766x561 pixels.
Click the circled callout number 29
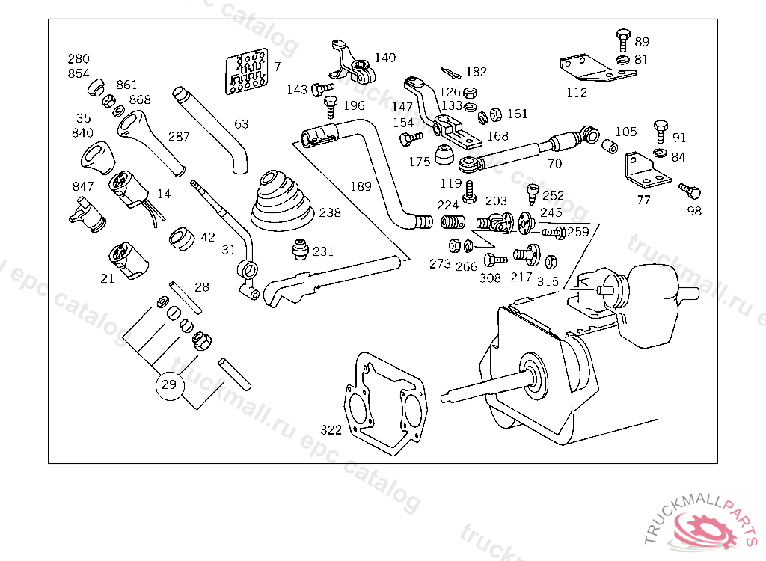(169, 385)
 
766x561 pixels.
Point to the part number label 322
(331, 430)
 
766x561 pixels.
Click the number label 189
(361, 185)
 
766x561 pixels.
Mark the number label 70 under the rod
(554, 163)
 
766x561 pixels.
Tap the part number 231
(323, 252)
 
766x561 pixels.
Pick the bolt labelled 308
(494, 260)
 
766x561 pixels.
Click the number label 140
(385, 58)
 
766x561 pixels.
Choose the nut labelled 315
(551, 262)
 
